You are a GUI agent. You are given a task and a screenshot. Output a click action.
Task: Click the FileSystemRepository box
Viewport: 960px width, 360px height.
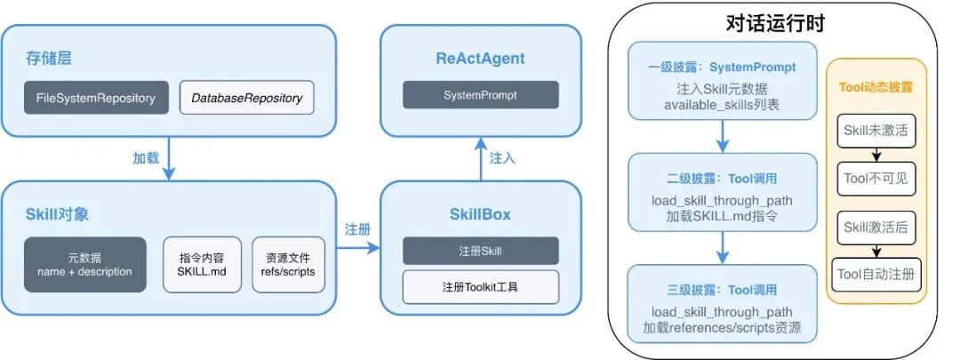tap(96, 98)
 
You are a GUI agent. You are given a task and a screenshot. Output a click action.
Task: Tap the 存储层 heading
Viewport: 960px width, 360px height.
tap(48, 60)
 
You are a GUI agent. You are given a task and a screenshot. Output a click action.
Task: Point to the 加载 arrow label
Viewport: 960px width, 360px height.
tap(146, 157)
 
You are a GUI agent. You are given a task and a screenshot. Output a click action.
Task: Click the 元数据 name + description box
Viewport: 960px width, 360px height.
tap(84, 264)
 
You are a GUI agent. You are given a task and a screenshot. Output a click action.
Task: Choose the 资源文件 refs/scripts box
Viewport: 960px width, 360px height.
tap(289, 264)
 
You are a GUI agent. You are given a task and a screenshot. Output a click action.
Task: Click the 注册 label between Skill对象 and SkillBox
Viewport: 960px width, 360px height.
tap(357, 228)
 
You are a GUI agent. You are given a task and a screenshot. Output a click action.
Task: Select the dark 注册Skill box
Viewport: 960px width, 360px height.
tap(481, 250)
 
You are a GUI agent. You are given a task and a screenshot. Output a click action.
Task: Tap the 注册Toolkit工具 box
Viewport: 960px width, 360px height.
tap(481, 287)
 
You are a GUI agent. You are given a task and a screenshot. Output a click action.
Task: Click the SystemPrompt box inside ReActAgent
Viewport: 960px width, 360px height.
tap(481, 94)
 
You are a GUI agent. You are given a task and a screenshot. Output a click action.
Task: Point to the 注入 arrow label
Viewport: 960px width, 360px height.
tap(502, 157)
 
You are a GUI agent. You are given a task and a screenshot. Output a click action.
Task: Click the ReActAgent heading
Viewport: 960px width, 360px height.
tap(481, 59)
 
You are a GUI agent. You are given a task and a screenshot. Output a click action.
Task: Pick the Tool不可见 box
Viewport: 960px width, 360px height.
tap(876, 179)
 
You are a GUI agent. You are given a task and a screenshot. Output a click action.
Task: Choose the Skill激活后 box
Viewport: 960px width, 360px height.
tap(876, 228)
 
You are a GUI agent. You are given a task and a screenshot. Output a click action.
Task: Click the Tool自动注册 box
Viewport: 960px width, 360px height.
tap(876, 274)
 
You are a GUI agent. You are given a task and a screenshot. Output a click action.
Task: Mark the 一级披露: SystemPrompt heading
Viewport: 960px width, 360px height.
tap(722, 67)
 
